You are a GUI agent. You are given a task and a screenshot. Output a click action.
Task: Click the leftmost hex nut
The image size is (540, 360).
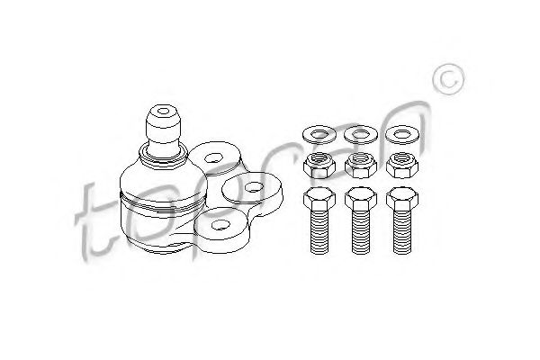tap(316, 166)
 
